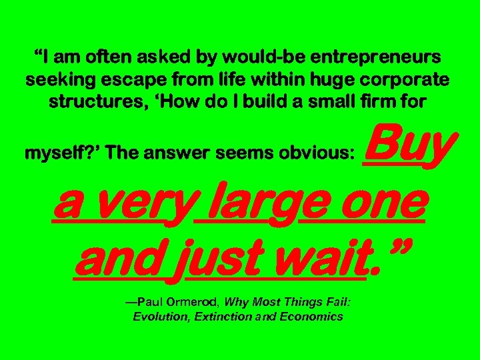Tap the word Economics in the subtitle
click(311, 317)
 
